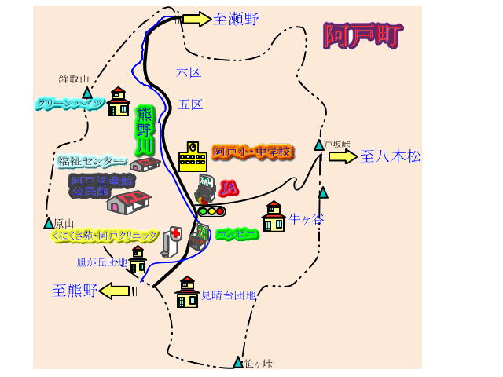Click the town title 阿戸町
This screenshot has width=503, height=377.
(363, 35)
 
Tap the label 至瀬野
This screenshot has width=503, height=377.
(236, 19)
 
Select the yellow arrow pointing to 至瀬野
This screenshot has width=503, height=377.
(196, 19)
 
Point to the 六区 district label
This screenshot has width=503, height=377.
(189, 72)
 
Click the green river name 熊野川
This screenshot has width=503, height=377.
(145, 130)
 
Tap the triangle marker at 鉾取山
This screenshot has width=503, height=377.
(87, 93)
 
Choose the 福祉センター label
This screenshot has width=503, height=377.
(91, 162)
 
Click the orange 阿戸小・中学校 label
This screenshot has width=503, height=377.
(251, 151)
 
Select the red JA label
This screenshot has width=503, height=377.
(228, 188)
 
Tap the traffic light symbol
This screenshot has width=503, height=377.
(211, 210)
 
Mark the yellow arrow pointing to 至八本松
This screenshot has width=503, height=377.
(343, 156)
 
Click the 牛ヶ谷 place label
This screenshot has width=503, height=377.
(306, 218)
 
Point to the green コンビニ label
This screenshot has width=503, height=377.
(237, 233)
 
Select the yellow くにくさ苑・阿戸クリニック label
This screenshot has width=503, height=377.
(105, 235)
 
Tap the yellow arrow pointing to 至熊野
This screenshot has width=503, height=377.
(115, 291)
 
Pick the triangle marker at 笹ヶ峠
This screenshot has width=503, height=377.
(237, 362)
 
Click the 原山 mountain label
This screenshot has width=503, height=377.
(64, 223)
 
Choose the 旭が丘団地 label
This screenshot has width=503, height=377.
(102, 262)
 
